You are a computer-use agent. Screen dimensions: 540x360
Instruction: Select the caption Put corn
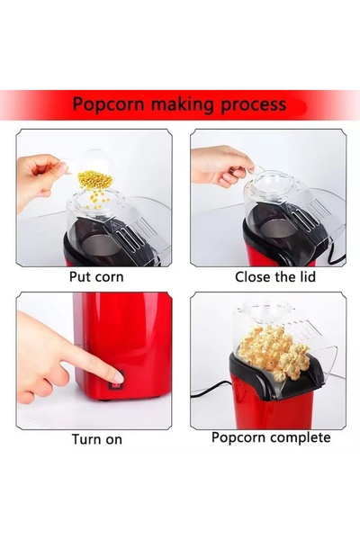pyautogui.click(x=96, y=277)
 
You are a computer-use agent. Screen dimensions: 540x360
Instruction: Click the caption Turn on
pyautogui.click(x=97, y=440)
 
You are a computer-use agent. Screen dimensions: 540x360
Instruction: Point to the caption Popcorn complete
pyautogui.click(x=271, y=438)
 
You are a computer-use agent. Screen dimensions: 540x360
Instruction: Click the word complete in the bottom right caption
pyautogui.click(x=296, y=438)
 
